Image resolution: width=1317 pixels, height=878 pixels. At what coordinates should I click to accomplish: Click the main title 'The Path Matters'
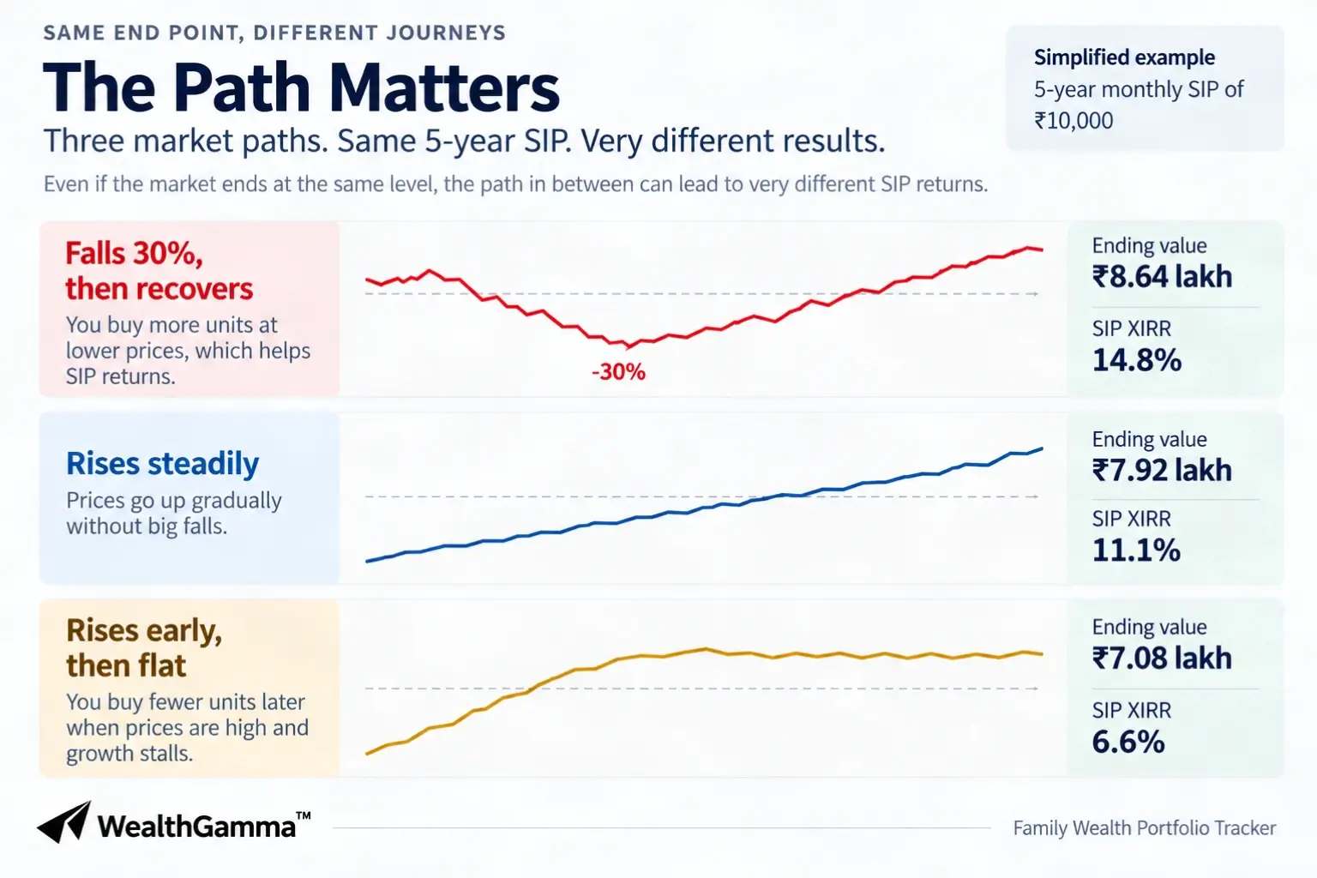pyautogui.click(x=301, y=87)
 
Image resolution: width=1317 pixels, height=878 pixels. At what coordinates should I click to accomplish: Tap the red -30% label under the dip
pyautogui.click(x=618, y=371)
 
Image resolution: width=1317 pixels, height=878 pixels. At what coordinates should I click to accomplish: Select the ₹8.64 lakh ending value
pyautogui.click(x=1162, y=276)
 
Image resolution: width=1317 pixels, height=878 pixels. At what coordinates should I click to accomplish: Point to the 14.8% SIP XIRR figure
pyautogui.click(x=1136, y=360)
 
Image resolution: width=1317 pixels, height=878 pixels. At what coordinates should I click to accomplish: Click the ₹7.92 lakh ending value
pyautogui.click(x=1162, y=470)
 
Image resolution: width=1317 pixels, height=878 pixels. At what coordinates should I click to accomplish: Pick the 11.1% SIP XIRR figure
pyautogui.click(x=1136, y=550)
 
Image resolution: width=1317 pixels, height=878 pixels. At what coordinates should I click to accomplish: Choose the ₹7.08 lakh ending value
pyautogui.click(x=1162, y=658)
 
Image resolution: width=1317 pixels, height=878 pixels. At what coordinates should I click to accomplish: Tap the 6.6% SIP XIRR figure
pyautogui.click(x=1128, y=742)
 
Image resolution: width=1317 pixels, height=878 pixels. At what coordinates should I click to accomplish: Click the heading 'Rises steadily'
pyautogui.click(x=162, y=464)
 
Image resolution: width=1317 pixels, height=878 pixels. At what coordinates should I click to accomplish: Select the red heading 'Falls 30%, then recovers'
pyautogui.click(x=159, y=271)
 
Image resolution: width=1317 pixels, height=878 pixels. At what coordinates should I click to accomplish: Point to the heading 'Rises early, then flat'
pyautogui.click(x=144, y=647)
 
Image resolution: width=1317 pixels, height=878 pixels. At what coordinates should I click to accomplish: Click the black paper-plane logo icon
pyautogui.click(x=64, y=822)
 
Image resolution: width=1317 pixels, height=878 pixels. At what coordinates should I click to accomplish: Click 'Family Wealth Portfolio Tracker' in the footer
pyautogui.click(x=1144, y=828)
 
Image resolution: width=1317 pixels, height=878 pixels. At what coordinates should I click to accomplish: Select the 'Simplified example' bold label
pyautogui.click(x=1124, y=57)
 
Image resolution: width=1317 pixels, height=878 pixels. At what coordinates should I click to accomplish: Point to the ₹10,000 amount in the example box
pyautogui.click(x=1073, y=121)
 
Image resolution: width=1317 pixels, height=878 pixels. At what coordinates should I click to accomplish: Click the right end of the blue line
pyautogui.click(x=1043, y=448)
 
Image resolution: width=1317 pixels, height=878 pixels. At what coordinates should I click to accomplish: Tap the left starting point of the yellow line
pyautogui.click(x=367, y=754)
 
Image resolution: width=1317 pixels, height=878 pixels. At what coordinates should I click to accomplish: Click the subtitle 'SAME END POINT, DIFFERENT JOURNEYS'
pyautogui.click(x=274, y=33)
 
